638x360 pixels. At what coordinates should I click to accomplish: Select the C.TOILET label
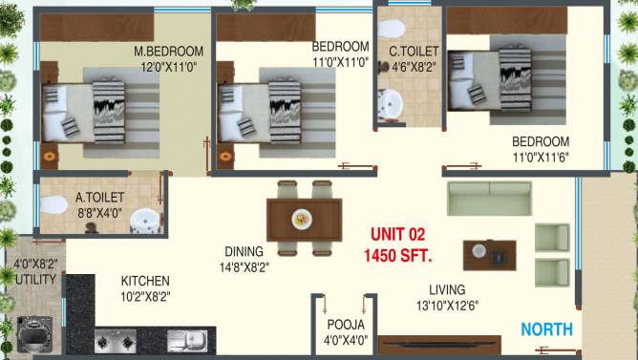tap(414, 51)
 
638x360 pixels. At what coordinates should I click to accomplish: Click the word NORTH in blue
tap(546, 329)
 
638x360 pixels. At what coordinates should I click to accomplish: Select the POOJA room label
tap(345, 324)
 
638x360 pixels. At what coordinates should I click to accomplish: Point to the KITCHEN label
tap(145, 281)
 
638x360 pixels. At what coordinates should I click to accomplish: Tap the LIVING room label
tap(447, 289)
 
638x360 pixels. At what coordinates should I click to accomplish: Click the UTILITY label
tap(35, 279)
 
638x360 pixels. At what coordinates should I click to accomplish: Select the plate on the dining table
tap(301, 218)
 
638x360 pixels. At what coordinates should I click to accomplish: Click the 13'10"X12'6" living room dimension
tap(447, 306)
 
